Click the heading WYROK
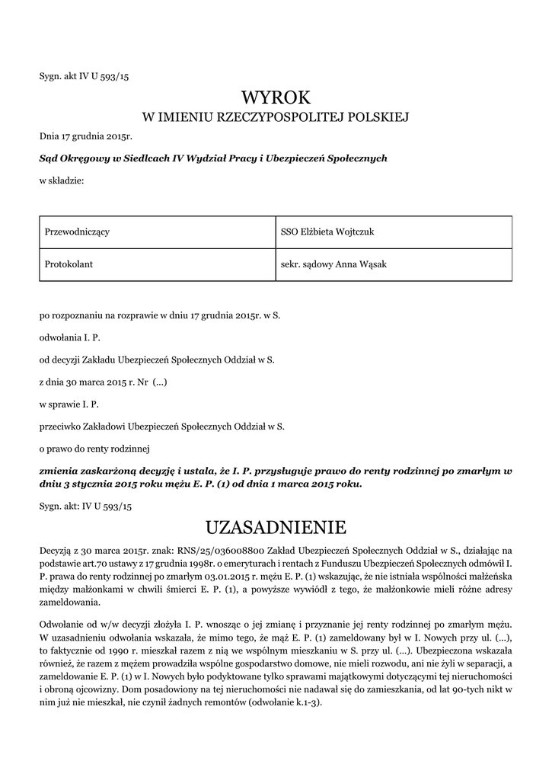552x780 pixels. point(276,97)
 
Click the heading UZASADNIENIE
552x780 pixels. point(276,527)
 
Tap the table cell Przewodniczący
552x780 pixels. point(78,232)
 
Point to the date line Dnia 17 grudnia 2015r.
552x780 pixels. point(86,137)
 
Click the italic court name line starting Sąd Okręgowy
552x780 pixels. point(214,158)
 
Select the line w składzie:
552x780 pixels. point(62,180)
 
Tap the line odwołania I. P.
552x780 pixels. point(70,336)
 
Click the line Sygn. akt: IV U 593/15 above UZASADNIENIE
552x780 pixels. point(86,506)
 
